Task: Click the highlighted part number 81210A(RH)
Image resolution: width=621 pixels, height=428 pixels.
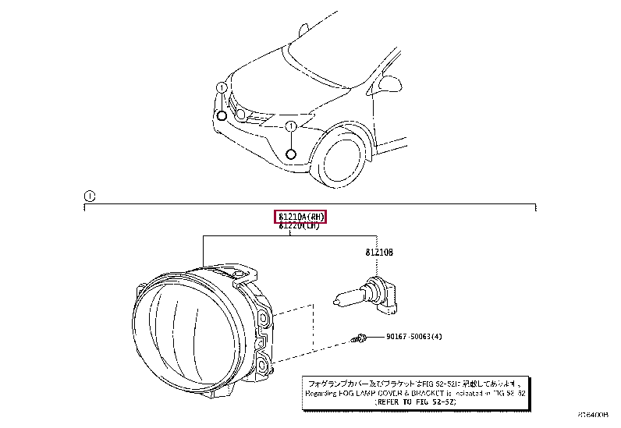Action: coord(300,216)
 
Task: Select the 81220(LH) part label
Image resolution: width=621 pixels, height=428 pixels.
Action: coord(300,226)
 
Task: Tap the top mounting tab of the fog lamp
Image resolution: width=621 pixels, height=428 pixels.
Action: coord(242,274)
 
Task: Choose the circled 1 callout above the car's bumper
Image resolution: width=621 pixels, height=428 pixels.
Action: coord(290,126)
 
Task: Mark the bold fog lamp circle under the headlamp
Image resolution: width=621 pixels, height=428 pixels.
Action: coord(222,116)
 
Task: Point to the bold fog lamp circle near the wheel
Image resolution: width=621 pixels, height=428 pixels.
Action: coord(290,154)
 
